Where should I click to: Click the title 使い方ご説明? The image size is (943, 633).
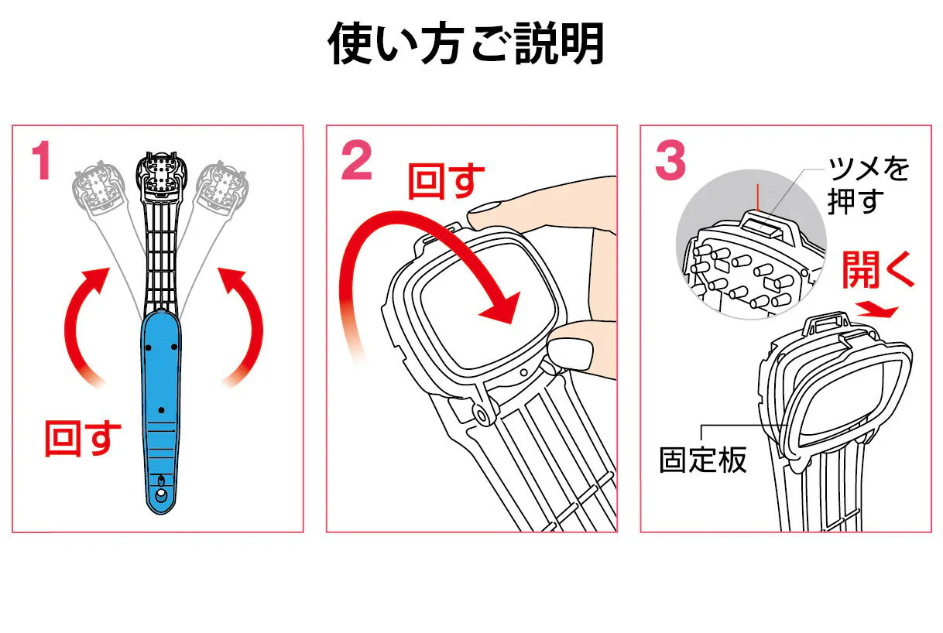[466, 44]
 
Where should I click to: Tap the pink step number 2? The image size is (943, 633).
[356, 163]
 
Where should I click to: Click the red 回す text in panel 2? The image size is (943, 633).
[446, 181]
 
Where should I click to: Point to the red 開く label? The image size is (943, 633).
[877, 271]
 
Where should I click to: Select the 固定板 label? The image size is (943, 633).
[702, 460]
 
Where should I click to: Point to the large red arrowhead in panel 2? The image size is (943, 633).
[499, 307]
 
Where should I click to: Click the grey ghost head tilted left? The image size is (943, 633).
[98, 186]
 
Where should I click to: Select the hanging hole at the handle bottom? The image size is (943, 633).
[160, 494]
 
